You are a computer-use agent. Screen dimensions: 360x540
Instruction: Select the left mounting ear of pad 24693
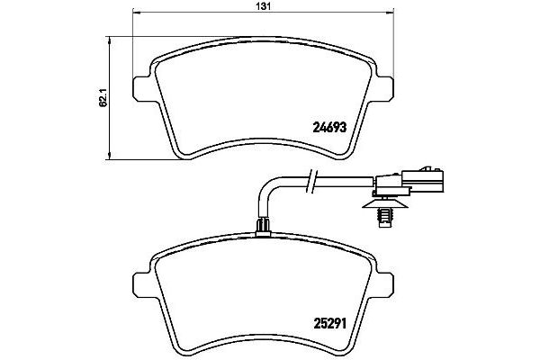coord(141,87)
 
